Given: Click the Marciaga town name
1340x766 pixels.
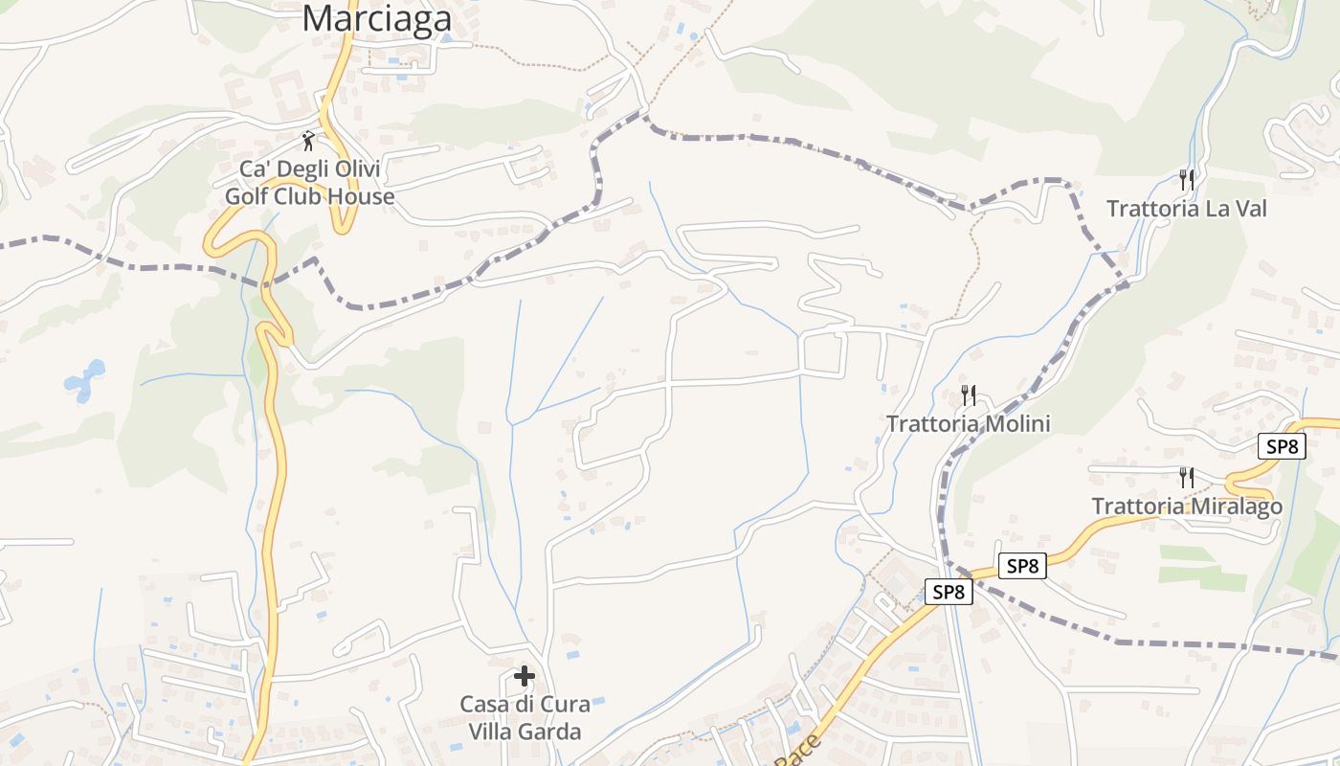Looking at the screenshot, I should pos(377,17).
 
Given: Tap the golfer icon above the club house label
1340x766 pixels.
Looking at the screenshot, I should pos(308,142).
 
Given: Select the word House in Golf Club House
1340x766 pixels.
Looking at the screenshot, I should pos(359,196).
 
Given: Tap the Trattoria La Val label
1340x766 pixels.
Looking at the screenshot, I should pos(1186,208).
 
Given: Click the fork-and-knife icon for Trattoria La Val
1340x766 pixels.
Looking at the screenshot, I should pos(1187,179).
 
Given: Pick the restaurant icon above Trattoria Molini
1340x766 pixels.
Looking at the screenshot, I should pos(969,394).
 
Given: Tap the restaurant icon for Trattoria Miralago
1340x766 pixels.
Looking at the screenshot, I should pos(1187,477).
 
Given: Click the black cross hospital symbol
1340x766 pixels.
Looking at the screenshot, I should pos(525,677).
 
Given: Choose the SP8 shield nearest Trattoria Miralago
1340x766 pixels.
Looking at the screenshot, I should pos(1281,446).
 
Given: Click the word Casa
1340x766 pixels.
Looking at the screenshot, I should pos(483,704).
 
